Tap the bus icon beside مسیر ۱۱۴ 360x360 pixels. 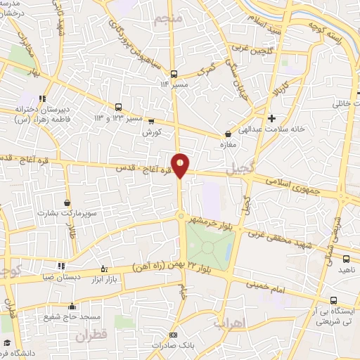tap(176, 74)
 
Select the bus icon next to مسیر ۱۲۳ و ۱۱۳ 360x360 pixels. tap(118, 108)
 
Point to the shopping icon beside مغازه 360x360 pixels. tap(228, 134)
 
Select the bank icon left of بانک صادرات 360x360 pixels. tap(173, 335)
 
